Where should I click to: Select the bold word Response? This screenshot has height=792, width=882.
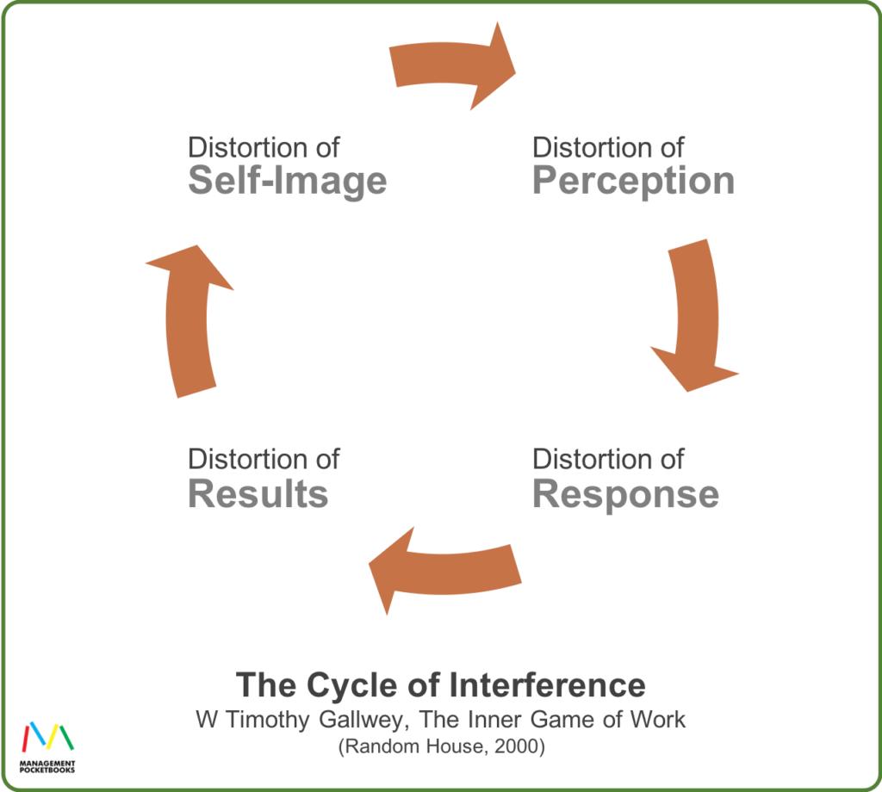(625, 494)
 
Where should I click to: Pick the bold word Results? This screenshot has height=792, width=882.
(258, 494)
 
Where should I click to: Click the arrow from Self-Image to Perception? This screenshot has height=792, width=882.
(454, 65)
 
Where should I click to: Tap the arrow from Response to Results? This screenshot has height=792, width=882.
(444, 570)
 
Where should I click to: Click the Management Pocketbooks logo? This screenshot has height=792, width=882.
(48, 746)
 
